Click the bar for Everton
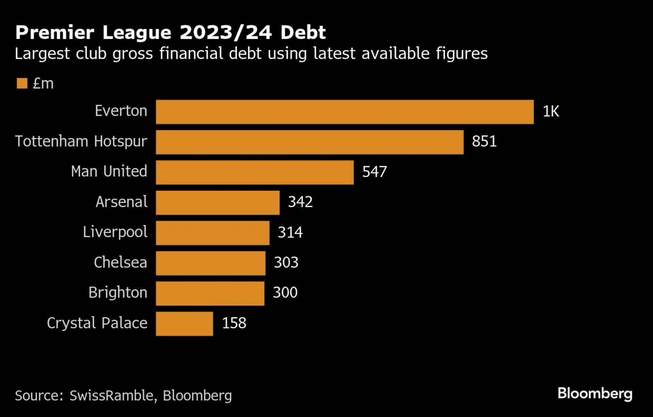[x=345, y=112]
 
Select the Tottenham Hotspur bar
[x=310, y=142]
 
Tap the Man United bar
[x=255, y=172]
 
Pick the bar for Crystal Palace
[x=184, y=324]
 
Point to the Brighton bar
[x=210, y=293]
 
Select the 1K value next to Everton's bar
[x=551, y=112]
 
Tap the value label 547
[x=374, y=172]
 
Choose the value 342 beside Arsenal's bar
[x=300, y=202]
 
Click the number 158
[x=234, y=323]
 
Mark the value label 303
[x=286, y=263]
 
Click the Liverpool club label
[x=115, y=232]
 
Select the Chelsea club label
[x=120, y=263]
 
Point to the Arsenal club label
[x=121, y=202]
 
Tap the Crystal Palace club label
[x=97, y=323]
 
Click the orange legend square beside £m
[x=22, y=83]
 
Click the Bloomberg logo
[x=595, y=393]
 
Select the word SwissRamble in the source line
[x=111, y=395]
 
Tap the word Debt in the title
[x=303, y=32]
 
